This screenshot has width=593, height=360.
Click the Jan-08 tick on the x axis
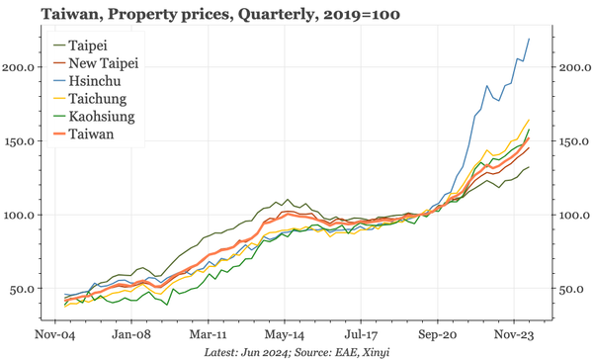130,334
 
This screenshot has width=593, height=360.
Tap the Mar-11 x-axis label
208,334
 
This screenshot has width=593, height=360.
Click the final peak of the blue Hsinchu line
529,39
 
